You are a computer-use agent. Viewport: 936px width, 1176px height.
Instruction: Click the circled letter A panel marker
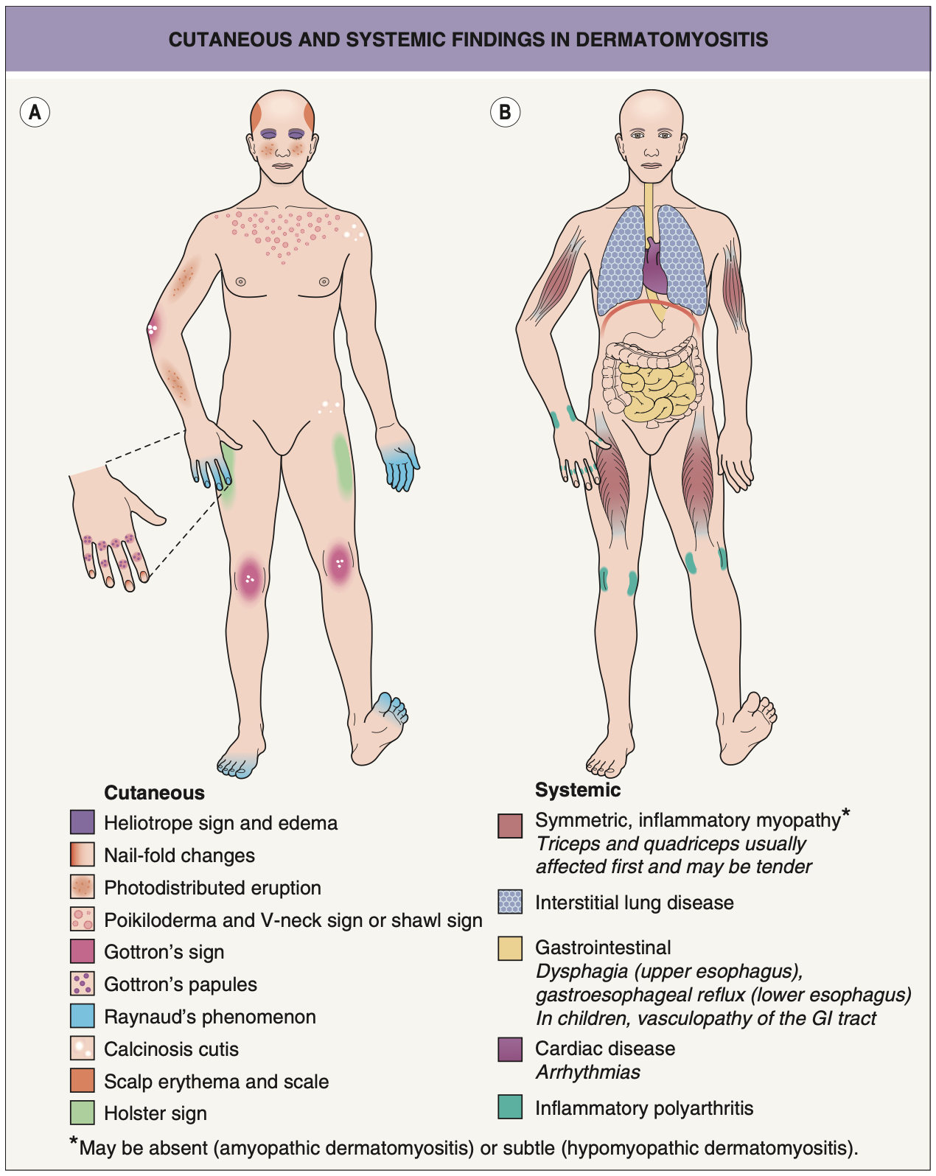35,112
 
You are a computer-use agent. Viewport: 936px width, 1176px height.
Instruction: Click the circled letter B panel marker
505,112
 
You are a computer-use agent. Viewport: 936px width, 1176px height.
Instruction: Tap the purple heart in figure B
654,269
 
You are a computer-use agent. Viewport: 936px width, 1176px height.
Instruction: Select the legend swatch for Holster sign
83,1113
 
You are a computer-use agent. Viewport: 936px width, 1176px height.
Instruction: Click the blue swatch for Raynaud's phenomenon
83,1016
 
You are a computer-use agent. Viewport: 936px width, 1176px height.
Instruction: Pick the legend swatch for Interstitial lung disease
510,902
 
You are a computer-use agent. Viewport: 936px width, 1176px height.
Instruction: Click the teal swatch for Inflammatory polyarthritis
510,1107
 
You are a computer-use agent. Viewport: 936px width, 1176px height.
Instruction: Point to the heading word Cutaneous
154,793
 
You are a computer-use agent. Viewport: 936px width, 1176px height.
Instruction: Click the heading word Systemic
578,790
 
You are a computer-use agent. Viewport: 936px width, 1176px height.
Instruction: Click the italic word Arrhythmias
587,1072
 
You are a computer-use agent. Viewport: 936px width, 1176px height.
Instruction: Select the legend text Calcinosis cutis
171,1049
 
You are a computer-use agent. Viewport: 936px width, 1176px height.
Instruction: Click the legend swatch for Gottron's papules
83,984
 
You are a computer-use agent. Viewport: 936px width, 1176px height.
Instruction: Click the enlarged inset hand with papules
114,527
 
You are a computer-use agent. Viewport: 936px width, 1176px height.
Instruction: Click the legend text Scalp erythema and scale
216,1081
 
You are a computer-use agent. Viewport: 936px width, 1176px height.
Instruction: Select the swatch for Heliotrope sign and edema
83,822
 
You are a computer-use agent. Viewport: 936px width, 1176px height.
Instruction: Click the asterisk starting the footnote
74,1143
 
